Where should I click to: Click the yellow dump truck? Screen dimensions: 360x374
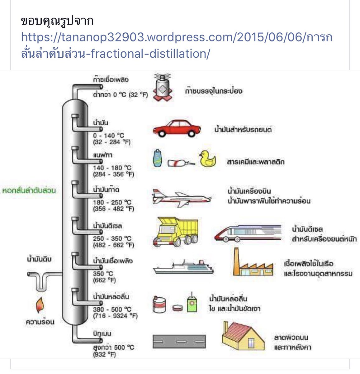[x=175, y=231]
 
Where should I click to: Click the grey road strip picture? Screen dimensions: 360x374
[x=179, y=342]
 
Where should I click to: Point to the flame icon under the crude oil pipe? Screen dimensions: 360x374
[x=40, y=305]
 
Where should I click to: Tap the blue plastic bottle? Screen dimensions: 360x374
[x=158, y=158]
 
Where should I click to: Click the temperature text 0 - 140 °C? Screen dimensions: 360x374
[x=108, y=136]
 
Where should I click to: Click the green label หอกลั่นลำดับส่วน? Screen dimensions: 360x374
[x=29, y=190]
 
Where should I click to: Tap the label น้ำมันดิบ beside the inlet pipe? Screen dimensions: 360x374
[x=39, y=259]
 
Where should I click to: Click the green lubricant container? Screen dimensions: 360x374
[x=192, y=302]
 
